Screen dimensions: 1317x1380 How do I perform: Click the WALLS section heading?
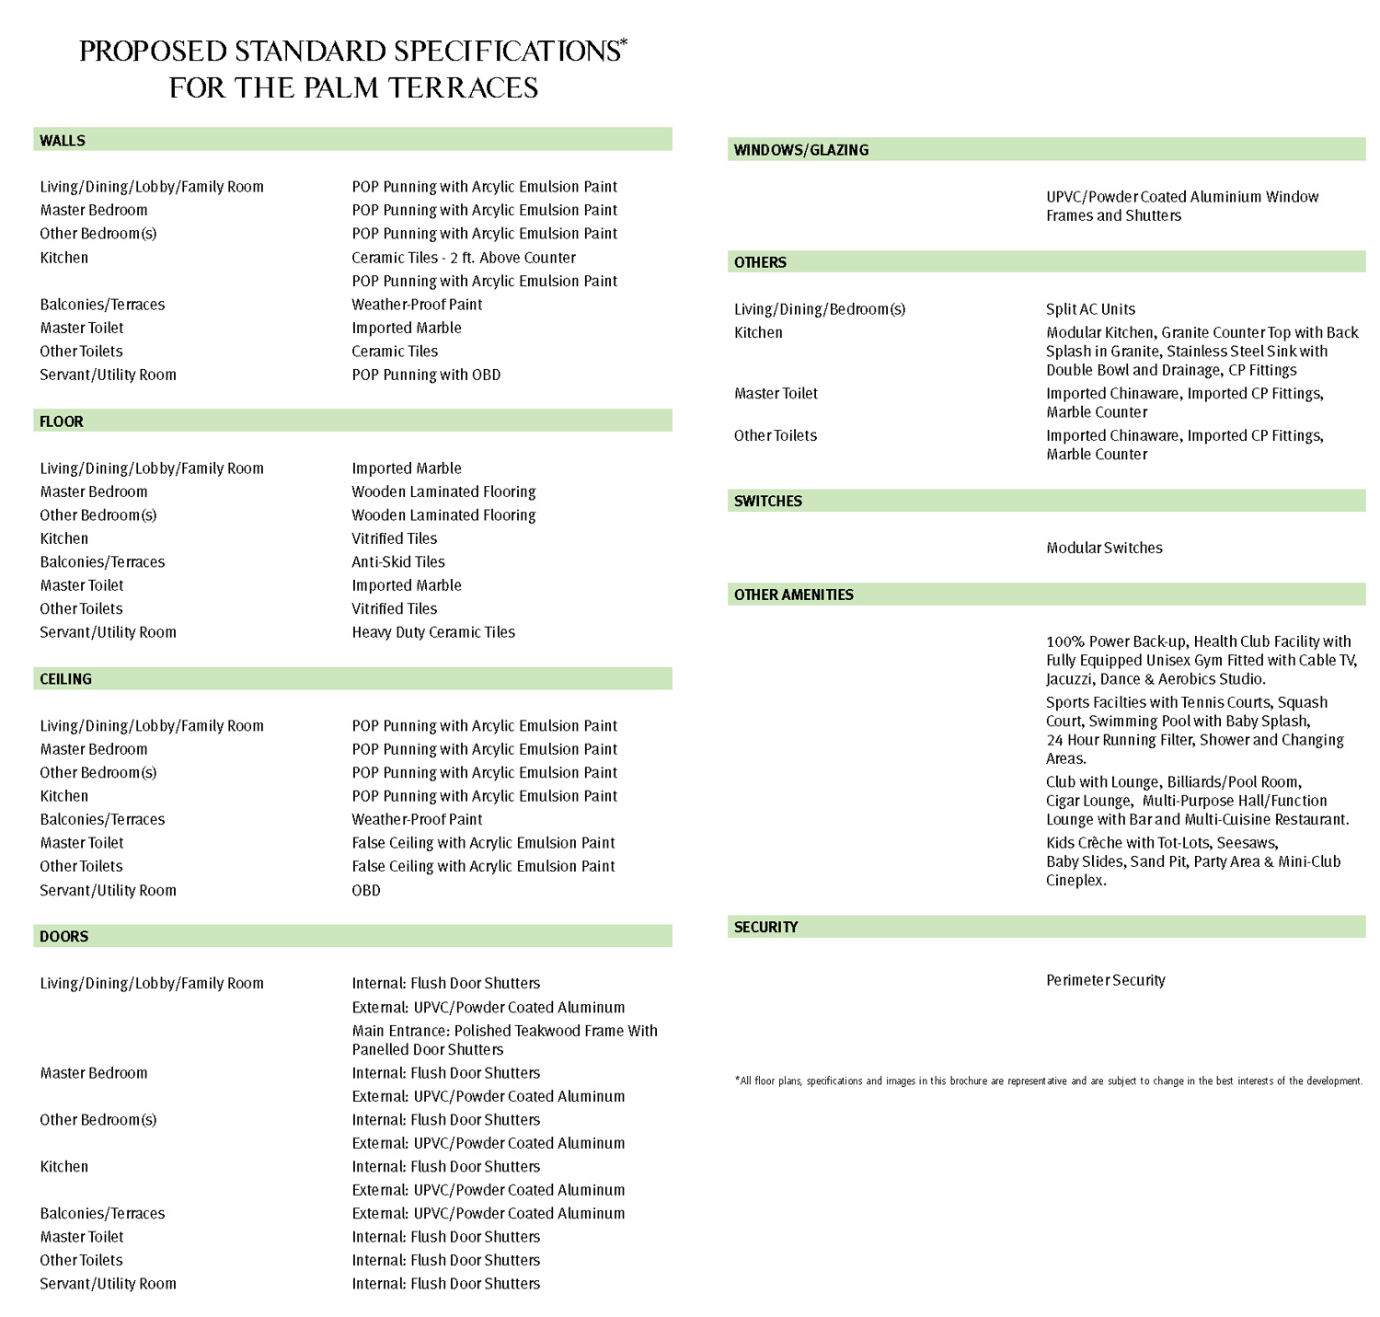coord(63,141)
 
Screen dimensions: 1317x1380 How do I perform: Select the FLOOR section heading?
coord(62,422)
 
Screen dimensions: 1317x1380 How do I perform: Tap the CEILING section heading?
coord(65,679)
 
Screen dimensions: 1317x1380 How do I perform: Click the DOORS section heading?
coord(64,937)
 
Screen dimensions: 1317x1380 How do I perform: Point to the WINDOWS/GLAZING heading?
coord(801,150)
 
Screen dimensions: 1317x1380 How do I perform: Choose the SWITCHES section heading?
coord(768,502)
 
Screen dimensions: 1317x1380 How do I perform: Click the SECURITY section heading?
coord(766,928)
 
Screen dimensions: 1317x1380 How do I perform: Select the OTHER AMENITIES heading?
coord(794,595)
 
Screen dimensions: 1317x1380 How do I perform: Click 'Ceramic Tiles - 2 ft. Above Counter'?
coord(464,258)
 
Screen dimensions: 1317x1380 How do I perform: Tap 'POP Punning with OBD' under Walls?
coord(426,375)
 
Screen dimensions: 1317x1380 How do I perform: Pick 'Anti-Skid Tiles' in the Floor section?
coord(398,562)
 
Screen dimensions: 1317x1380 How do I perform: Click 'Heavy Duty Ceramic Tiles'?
coord(433,632)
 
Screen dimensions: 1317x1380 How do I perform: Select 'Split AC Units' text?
coord(1090,309)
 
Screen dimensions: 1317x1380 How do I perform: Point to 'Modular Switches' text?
coord(1104,548)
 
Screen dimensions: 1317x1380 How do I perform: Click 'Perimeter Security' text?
coord(1106,980)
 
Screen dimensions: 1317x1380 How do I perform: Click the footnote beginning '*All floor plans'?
coord(1049,1081)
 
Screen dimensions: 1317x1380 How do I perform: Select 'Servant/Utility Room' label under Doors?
coord(108,1284)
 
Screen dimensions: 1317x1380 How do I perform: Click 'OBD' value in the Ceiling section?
coord(366,890)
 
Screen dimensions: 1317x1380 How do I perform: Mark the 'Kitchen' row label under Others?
coord(758,332)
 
